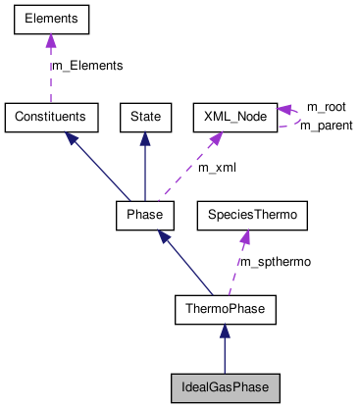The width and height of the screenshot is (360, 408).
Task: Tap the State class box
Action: (x=145, y=117)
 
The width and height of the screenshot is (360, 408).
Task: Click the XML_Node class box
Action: (x=234, y=117)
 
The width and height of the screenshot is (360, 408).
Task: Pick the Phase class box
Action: (x=145, y=214)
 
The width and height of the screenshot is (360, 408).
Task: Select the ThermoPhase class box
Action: (x=226, y=311)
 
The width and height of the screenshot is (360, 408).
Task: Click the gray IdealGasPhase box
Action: (x=226, y=387)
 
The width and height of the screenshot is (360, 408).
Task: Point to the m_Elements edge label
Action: (x=87, y=66)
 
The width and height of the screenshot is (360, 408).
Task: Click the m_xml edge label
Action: (x=217, y=168)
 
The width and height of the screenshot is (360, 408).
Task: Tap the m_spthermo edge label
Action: (x=276, y=263)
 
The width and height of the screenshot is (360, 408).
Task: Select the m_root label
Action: (x=326, y=106)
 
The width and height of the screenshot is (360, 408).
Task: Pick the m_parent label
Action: (x=326, y=126)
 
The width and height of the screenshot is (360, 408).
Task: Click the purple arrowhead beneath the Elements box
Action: (x=50, y=41)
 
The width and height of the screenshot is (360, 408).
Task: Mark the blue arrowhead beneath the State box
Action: (x=145, y=138)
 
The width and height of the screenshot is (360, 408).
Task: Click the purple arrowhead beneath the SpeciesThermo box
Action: (x=243, y=235)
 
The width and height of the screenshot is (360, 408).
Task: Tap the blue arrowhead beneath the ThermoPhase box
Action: (x=226, y=332)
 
